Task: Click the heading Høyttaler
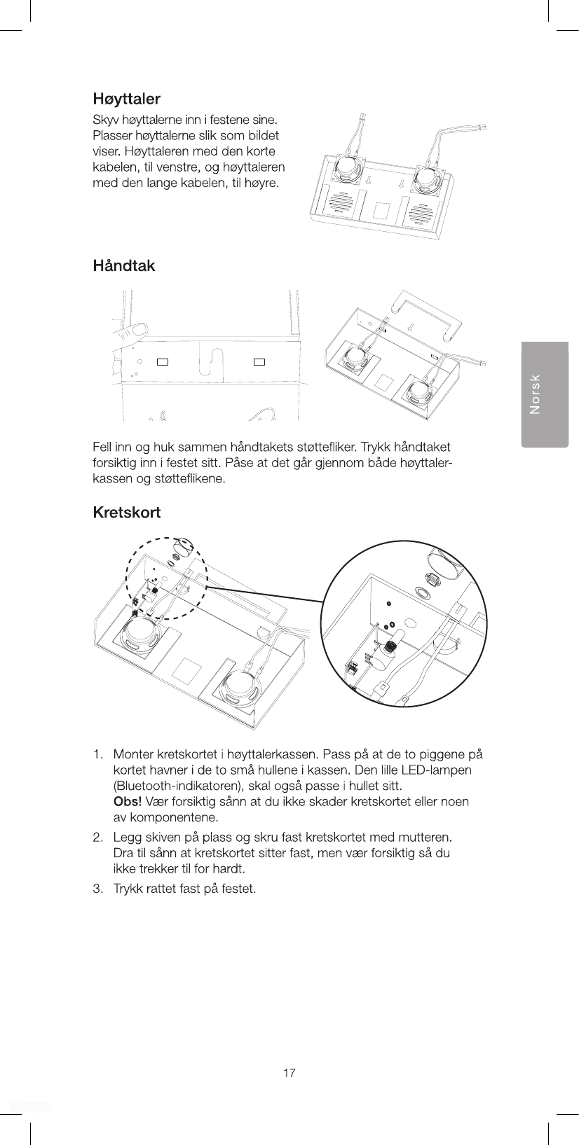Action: [127, 99]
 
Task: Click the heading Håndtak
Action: [124, 266]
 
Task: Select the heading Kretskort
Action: [127, 513]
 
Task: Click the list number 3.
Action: [98, 889]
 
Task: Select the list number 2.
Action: [98, 838]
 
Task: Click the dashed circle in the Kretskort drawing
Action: [165, 578]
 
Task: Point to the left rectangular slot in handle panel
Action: [163, 362]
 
